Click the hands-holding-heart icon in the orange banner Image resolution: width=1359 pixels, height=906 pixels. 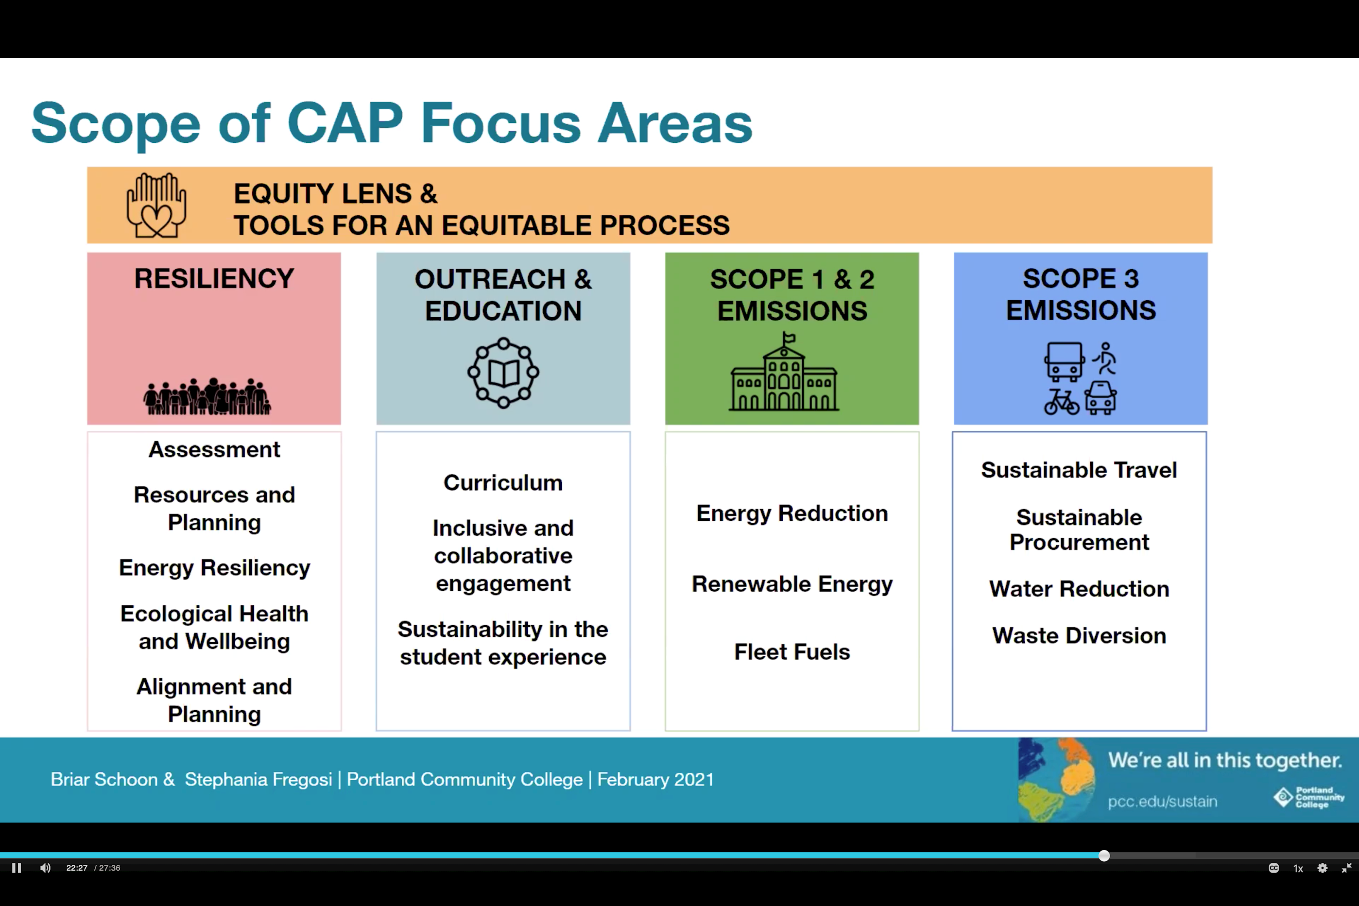[x=157, y=205]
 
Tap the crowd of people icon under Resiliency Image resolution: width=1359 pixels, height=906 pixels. [x=207, y=396]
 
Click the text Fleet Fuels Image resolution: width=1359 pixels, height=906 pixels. [x=792, y=652]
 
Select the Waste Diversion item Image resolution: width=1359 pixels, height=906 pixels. [x=1079, y=635]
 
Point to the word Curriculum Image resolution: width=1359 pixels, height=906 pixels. [x=503, y=483]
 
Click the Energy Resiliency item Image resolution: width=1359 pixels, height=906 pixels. [x=214, y=568]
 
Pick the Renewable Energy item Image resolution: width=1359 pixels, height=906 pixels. [x=792, y=584]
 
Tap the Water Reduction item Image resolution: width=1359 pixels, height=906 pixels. [x=1079, y=589]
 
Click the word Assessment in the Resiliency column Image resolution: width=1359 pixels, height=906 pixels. [x=214, y=449]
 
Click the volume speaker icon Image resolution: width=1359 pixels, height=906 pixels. [x=45, y=868]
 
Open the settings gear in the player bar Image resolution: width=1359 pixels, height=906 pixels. [x=1322, y=868]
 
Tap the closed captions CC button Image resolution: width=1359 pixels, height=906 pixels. [x=1274, y=868]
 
